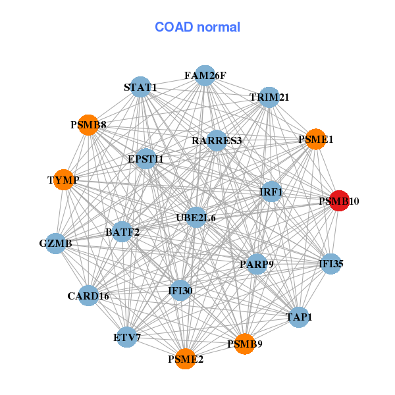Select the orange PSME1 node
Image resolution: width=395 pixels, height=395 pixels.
point(316,139)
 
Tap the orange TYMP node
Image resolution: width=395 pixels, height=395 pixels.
point(63,180)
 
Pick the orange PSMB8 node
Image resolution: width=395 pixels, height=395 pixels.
point(88,124)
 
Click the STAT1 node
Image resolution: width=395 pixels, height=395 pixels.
point(140,87)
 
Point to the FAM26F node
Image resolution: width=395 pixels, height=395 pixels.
point(205,75)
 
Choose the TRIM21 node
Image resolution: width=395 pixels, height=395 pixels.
point(269,97)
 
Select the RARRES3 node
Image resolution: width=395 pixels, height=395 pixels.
point(217,140)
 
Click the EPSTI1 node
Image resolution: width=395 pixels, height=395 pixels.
point(145,159)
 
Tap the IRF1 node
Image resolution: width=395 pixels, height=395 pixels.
point(271,192)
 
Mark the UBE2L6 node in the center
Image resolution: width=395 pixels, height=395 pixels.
point(196,217)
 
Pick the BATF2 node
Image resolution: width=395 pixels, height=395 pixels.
point(122,232)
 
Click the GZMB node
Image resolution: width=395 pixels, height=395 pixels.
point(55,244)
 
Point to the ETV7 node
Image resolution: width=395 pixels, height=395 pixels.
point(127,338)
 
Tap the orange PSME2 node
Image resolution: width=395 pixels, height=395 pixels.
point(186,359)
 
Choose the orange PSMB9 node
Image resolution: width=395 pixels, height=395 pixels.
point(244,344)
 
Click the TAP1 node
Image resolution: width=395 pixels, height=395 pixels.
point(299,317)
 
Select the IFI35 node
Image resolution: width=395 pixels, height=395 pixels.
point(330,265)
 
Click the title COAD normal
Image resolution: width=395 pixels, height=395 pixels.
point(197,27)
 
